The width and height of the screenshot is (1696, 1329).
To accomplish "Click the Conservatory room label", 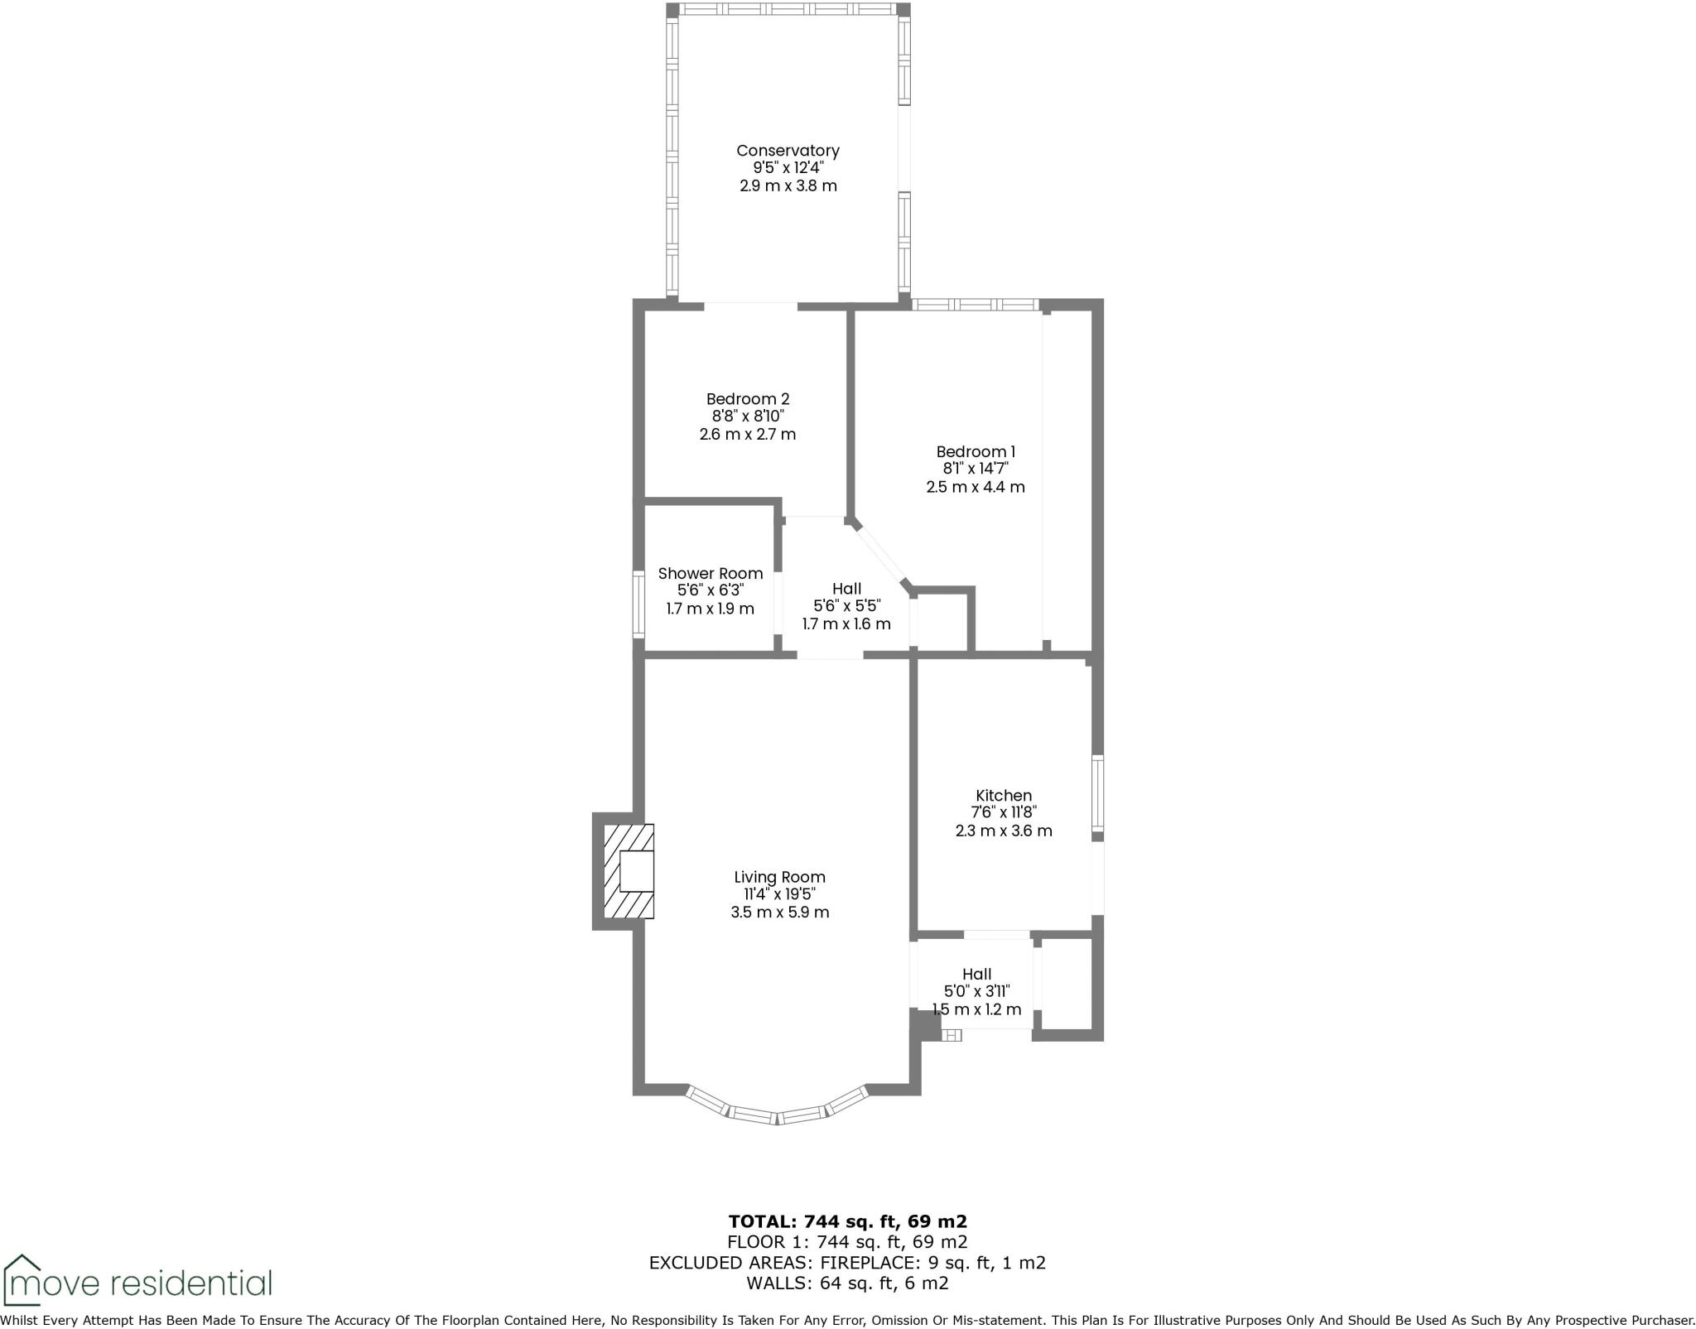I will [x=788, y=151].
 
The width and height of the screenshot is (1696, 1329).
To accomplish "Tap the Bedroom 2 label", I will [x=747, y=399].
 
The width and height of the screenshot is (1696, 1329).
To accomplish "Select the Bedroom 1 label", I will [x=975, y=451].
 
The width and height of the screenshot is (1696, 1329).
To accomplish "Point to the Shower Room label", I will [x=710, y=573].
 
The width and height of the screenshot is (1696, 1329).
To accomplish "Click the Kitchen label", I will [x=1003, y=795].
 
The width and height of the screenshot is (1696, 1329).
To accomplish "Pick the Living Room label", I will [x=779, y=877].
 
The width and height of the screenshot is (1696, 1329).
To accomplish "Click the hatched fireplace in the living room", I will [x=628, y=871].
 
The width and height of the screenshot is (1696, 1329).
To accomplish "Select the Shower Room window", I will [x=638, y=604].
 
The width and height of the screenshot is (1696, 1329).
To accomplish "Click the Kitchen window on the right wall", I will [x=1097, y=792].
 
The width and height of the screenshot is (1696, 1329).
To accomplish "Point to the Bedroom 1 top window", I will [x=975, y=305].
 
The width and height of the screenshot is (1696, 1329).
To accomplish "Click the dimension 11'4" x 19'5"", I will [x=779, y=894].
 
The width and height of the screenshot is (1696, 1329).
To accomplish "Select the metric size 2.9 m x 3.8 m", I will [x=788, y=185].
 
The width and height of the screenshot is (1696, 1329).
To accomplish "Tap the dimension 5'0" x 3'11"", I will [x=976, y=991].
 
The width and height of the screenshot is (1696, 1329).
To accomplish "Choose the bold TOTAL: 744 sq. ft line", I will [x=847, y=1221].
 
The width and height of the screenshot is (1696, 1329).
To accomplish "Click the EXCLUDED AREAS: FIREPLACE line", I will [x=847, y=1263].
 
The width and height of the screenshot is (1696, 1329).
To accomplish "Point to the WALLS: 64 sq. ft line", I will [x=847, y=1283].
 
